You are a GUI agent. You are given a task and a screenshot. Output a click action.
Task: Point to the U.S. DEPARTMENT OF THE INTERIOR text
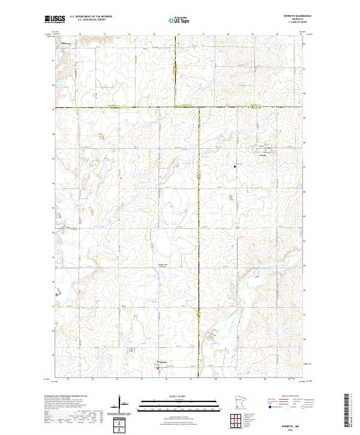pos(90,17)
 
